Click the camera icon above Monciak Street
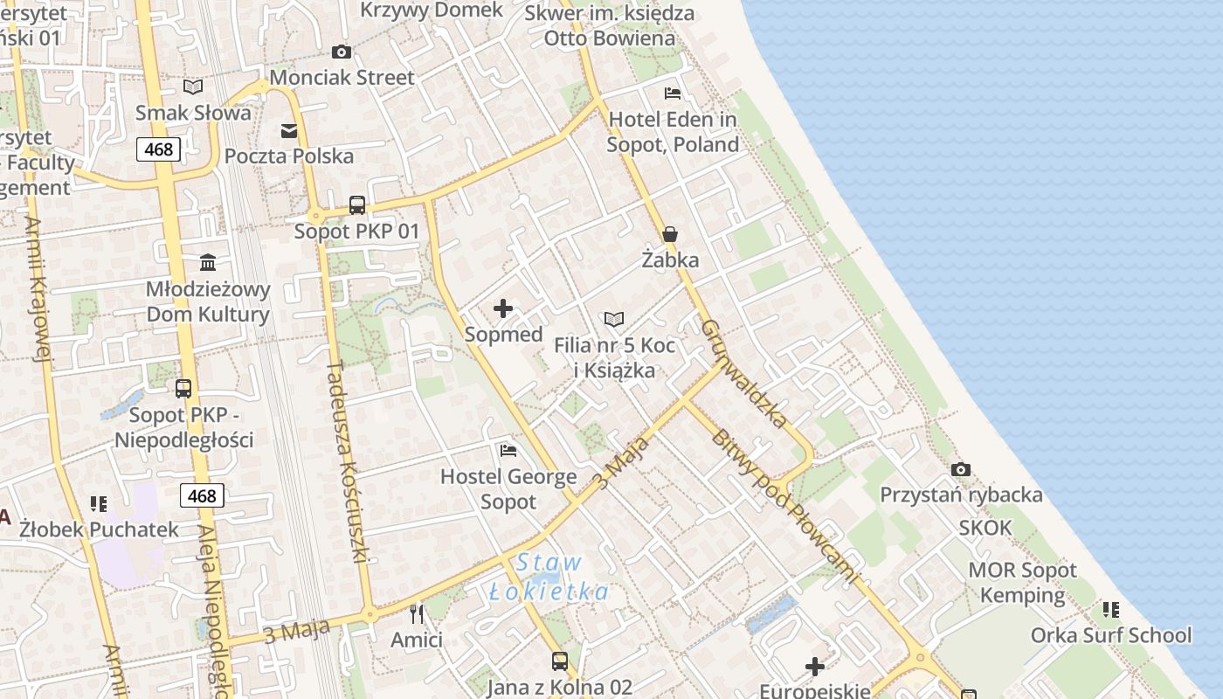pyautogui.click(x=342, y=52)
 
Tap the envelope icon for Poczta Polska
pyautogui.click(x=288, y=131)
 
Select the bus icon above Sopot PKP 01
pyautogui.click(x=357, y=205)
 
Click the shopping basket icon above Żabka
pyautogui.click(x=670, y=233)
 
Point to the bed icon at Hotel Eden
pyautogui.click(x=673, y=93)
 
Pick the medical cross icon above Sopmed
pyautogui.click(x=503, y=308)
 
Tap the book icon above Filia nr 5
pyautogui.click(x=614, y=320)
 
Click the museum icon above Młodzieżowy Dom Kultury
pyautogui.click(x=208, y=262)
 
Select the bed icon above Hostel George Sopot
pyautogui.click(x=508, y=451)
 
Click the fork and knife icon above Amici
pyautogui.click(x=417, y=613)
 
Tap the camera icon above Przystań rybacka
pyautogui.click(x=961, y=469)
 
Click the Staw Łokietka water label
pyautogui.click(x=549, y=578)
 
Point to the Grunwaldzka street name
pyautogui.click(x=744, y=373)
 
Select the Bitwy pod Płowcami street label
pyautogui.click(x=784, y=506)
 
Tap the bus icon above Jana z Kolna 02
pyautogui.click(x=560, y=661)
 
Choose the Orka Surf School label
pyautogui.click(x=1111, y=635)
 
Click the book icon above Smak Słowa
pyautogui.click(x=193, y=87)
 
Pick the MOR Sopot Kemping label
pyautogui.click(x=1023, y=583)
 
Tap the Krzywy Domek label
pyautogui.click(x=432, y=10)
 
